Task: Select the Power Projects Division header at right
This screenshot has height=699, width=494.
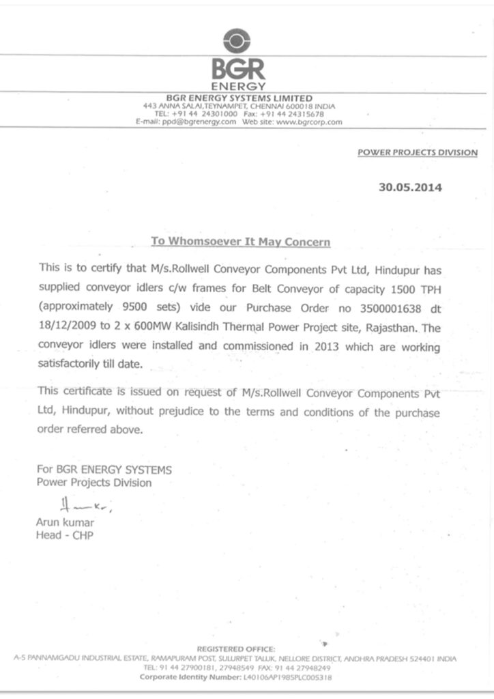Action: point(418,152)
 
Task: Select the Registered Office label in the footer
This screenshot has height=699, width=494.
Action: point(236,648)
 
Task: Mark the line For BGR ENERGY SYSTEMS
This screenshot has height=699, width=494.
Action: point(104,470)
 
